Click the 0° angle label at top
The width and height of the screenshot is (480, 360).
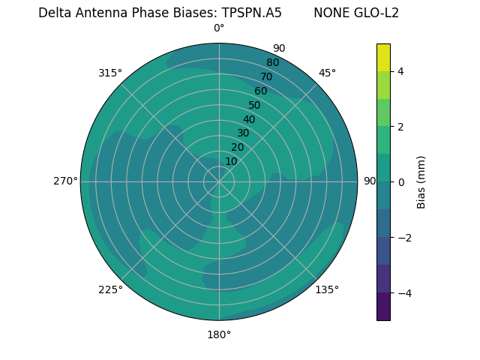[219, 28]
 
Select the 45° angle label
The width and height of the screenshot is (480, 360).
[327, 73]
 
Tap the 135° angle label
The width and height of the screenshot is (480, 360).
[327, 289]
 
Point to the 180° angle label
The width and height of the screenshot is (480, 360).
[219, 334]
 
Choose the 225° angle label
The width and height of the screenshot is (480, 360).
[110, 289]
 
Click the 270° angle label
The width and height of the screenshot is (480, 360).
[65, 181]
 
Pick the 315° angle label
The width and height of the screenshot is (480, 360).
[110, 73]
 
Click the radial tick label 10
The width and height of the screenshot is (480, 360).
[231, 161]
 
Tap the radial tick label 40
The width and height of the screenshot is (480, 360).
[249, 119]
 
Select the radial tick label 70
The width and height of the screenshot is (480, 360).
[266, 76]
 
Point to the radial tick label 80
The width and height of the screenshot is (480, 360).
[272, 62]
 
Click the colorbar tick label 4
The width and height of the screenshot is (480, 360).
[400, 71]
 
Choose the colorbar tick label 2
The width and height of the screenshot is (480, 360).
[400, 127]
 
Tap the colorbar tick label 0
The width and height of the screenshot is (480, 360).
[400, 182]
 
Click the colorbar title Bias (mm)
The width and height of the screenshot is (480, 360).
[421, 182]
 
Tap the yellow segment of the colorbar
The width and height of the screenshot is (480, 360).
[383, 58]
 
